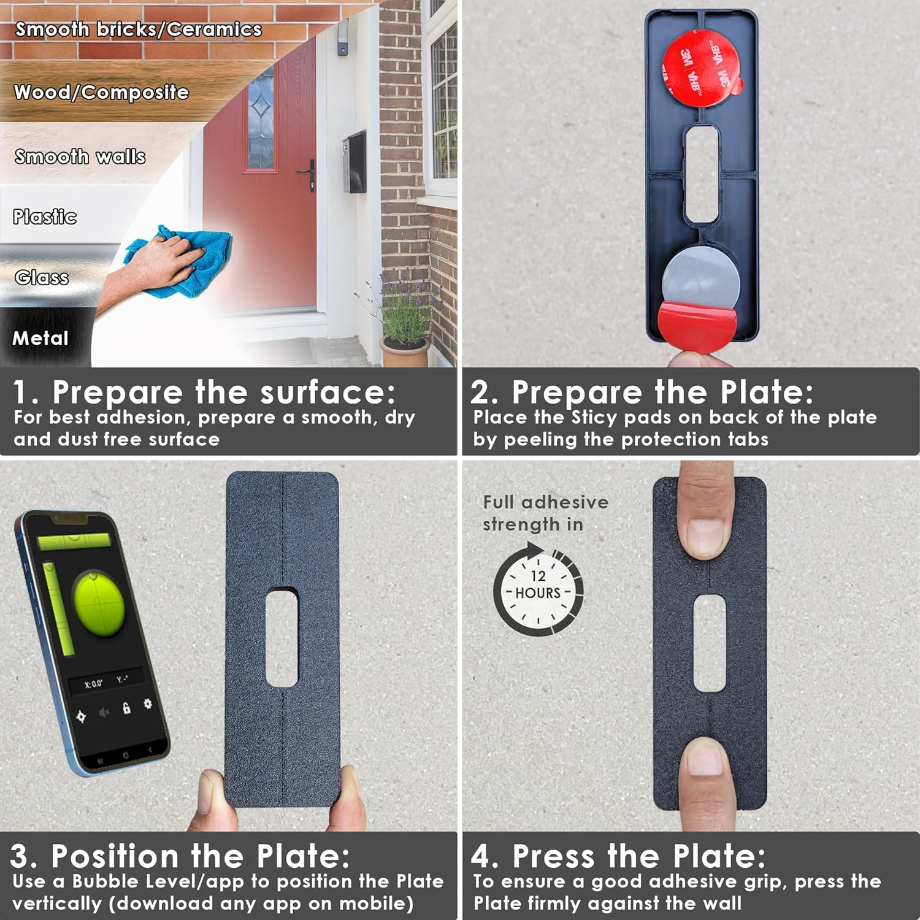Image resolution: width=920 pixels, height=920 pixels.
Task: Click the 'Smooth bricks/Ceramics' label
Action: tap(139, 29)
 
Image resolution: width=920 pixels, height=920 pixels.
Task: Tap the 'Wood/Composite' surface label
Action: tap(101, 93)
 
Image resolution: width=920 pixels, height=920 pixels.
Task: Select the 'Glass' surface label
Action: tap(42, 278)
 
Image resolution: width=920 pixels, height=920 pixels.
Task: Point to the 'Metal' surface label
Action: tap(40, 338)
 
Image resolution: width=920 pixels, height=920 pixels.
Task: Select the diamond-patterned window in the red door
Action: tap(261, 117)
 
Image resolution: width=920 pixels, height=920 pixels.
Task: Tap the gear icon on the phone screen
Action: tap(148, 703)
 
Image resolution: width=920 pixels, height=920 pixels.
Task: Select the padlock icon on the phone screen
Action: tap(126, 708)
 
